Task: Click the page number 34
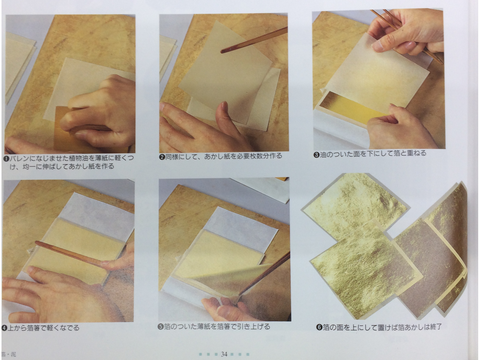(224, 354)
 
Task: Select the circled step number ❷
(162, 157)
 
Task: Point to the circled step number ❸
(316, 155)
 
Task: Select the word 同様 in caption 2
(172, 156)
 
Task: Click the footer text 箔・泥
(9, 354)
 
